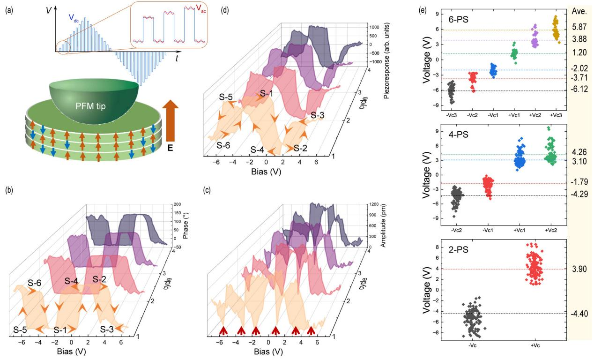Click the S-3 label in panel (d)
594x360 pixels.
point(319,115)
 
